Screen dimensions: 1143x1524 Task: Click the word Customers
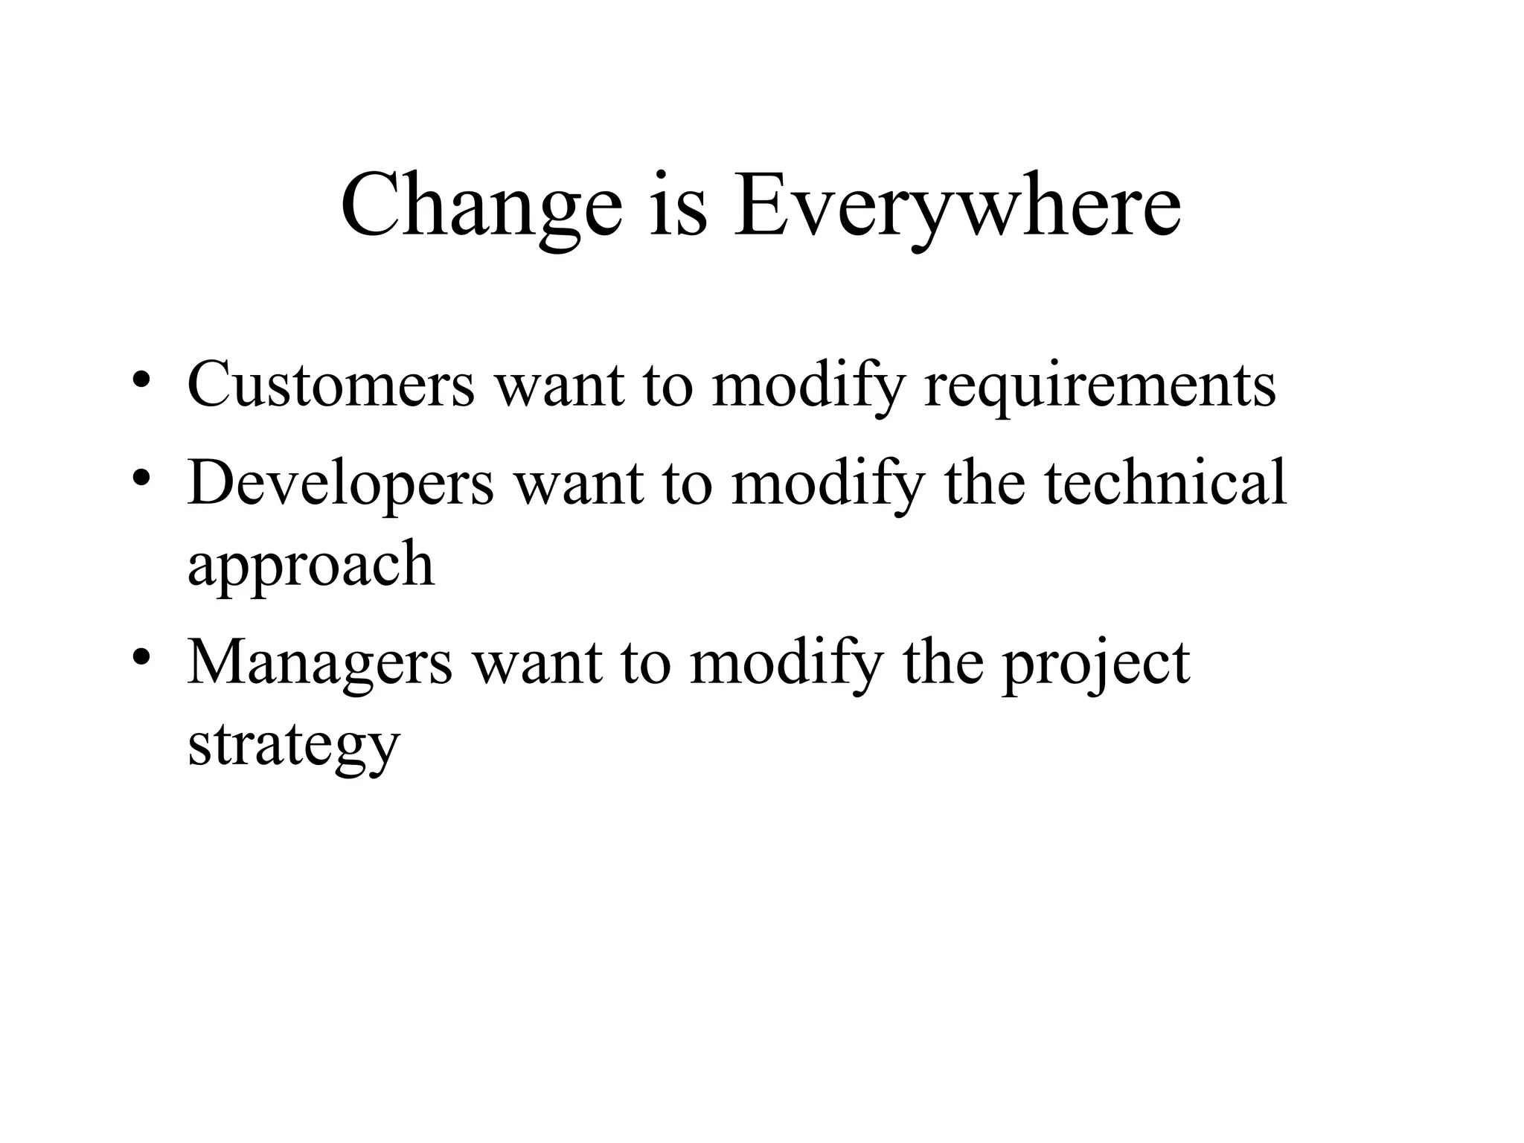[330, 384]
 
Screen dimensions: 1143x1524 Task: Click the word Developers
[341, 484]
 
